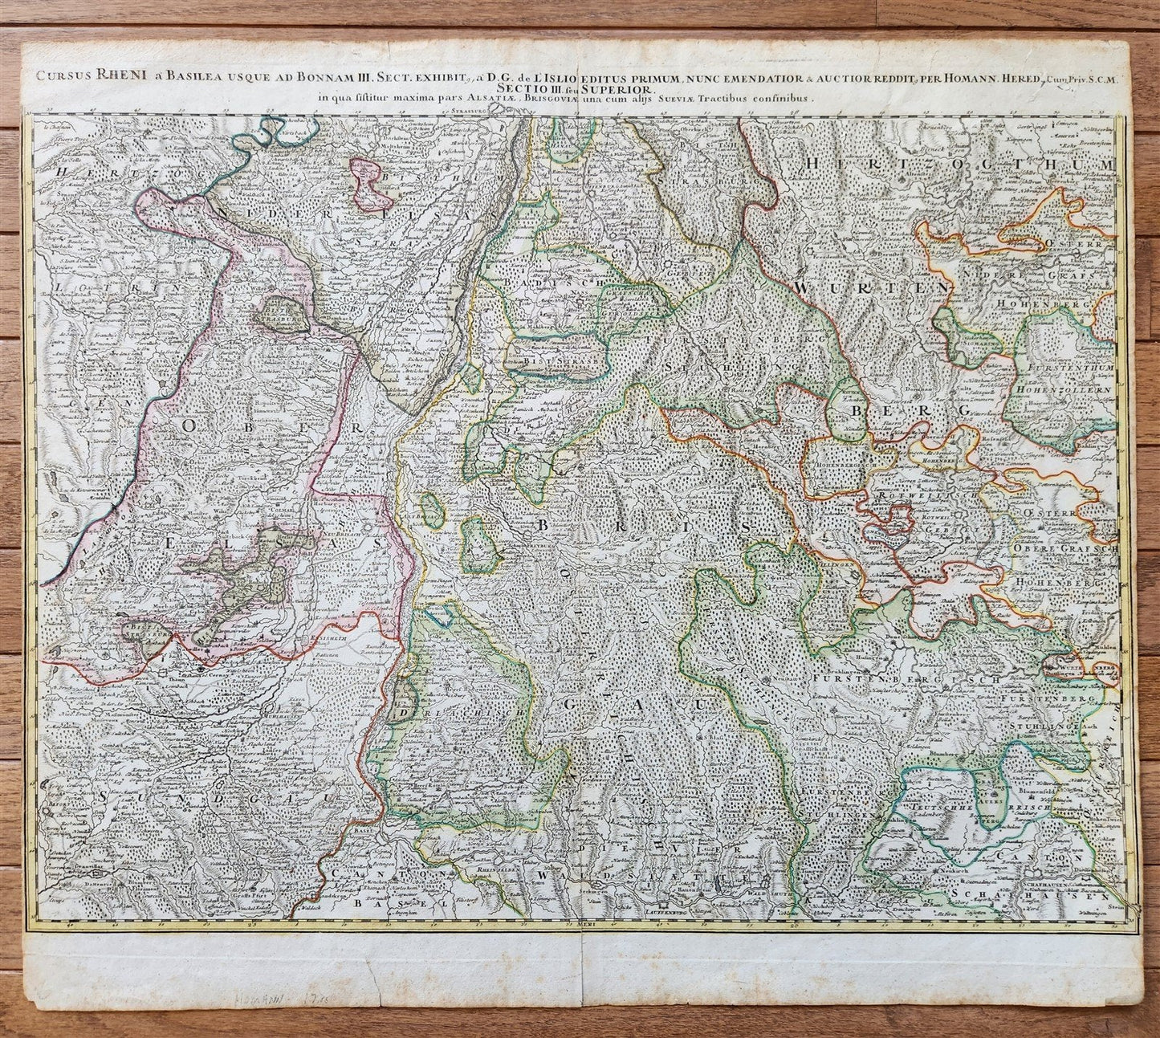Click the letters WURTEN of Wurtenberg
[871, 287]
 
